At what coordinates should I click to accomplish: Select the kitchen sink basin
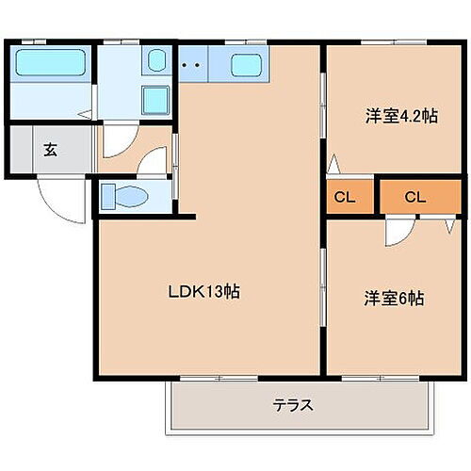(x=246, y=66)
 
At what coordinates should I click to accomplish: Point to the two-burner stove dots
(x=191, y=66)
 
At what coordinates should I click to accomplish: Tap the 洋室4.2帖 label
(x=401, y=117)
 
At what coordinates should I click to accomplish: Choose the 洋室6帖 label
(x=395, y=299)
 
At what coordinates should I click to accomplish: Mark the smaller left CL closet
(x=345, y=197)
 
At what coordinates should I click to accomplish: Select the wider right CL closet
(x=415, y=197)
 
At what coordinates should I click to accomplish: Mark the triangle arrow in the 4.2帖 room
(x=333, y=168)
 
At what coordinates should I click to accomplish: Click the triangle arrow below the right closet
(x=447, y=226)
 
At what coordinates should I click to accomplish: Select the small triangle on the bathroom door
(x=86, y=115)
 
